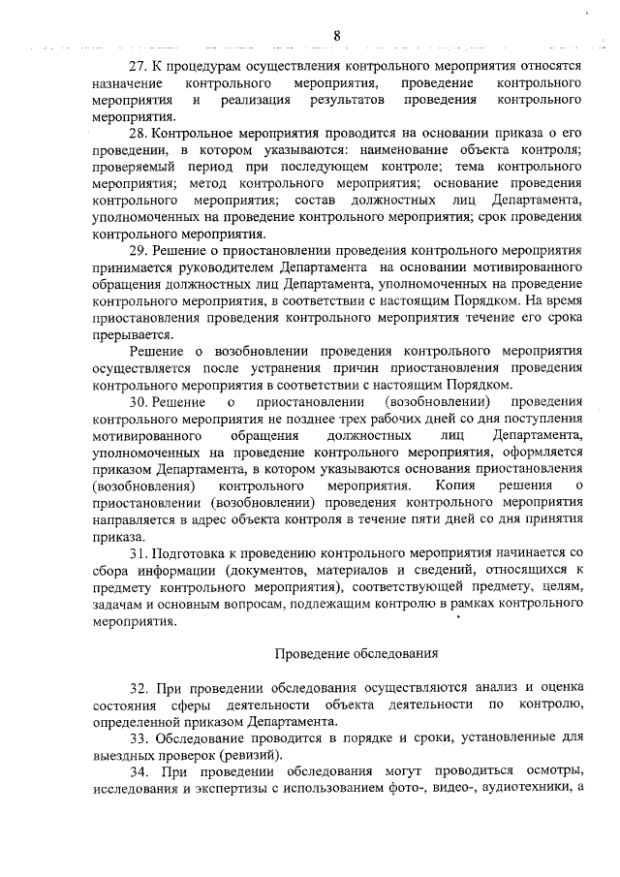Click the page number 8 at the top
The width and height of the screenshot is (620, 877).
337,36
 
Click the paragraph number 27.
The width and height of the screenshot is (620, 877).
137,66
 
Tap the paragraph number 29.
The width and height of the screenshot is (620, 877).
137,249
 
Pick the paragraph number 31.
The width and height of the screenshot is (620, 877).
137,552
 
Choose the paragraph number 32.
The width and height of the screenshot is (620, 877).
137,687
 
